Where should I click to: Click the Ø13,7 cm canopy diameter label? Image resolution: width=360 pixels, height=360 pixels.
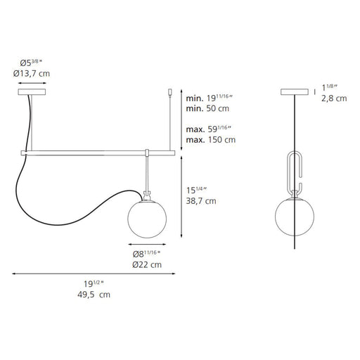32,74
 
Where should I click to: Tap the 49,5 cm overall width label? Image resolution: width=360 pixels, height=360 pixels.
94,295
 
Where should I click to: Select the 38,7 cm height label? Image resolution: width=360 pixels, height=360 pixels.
201,201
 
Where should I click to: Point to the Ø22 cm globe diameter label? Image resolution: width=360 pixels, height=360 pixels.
147,264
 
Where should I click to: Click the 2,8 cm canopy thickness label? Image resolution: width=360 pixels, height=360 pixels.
334,98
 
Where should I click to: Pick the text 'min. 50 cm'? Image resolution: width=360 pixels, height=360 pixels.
207,108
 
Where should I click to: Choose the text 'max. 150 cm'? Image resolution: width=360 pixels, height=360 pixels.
211,140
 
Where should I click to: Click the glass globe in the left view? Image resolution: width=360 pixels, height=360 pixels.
147,219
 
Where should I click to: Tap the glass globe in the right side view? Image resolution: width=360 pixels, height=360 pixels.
295,216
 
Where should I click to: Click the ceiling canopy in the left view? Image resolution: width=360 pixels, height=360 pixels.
32,92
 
